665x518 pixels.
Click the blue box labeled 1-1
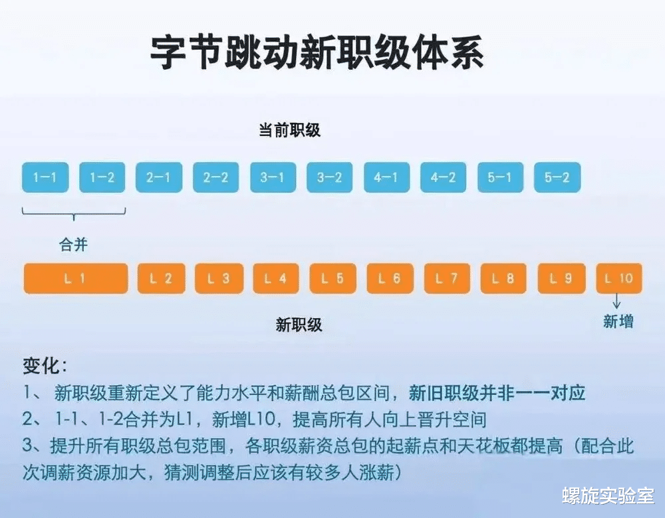pyautogui.click(x=45, y=177)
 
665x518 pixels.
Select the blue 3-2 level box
pyautogui.click(x=330, y=177)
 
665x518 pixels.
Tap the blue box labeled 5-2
pyautogui.click(x=557, y=177)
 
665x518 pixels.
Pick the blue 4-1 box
pyautogui.click(x=387, y=177)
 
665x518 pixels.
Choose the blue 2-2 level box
pyautogui.click(x=216, y=177)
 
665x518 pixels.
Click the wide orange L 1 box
pyautogui.click(x=76, y=278)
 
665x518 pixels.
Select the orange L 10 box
pyautogui.click(x=619, y=278)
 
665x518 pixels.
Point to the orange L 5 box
pyautogui.click(x=333, y=278)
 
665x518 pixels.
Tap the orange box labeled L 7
pyautogui.click(x=447, y=278)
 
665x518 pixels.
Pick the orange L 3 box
pyautogui.click(x=219, y=278)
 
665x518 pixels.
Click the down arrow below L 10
pyautogui.click(x=616, y=302)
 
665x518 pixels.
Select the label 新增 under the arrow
pyautogui.click(x=618, y=321)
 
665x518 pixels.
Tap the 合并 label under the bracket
pyautogui.click(x=73, y=244)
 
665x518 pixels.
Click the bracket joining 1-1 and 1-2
pyautogui.click(x=74, y=215)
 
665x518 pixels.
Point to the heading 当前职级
pyautogui.click(x=290, y=130)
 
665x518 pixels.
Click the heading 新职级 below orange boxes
pyautogui.click(x=299, y=325)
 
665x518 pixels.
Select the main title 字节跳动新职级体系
pyautogui.click(x=317, y=52)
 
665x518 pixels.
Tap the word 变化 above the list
pyautogui.click(x=41, y=365)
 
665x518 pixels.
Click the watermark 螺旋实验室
pyautogui.click(x=608, y=495)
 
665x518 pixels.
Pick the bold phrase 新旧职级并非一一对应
pyautogui.click(x=497, y=393)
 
